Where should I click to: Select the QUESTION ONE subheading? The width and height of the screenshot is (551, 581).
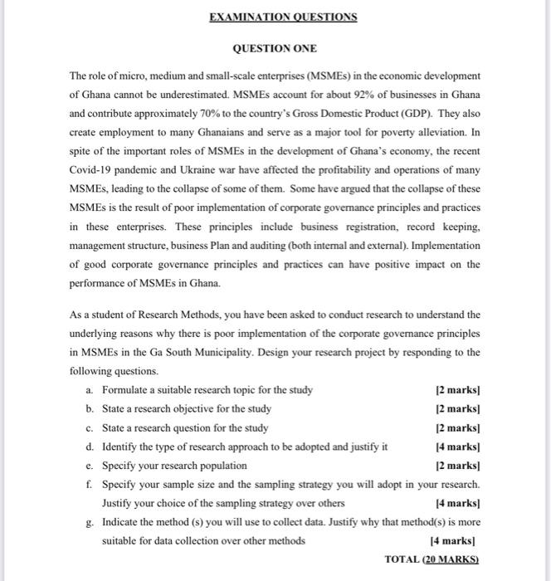[x=275, y=49]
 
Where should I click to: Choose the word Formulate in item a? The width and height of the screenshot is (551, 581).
[x=127, y=390]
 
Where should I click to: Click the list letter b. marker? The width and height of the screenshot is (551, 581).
[x=89, y=408]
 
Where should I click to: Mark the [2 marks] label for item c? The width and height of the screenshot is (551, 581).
[x=458, y=427]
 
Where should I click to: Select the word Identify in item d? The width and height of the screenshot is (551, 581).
[x=121, y=447]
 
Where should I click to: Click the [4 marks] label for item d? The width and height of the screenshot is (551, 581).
[x=458, y=447]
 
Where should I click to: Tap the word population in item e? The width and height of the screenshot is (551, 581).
[x=219, y=465]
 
